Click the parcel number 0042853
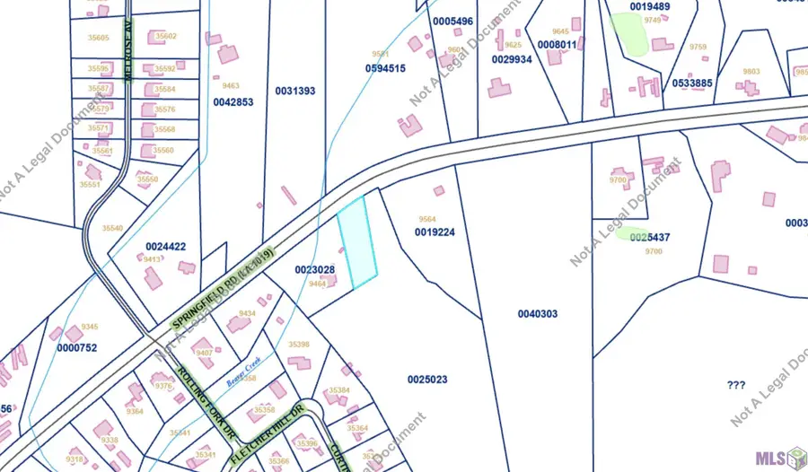click(233, 102)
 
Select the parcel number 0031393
click(294, 91)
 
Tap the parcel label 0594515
click(385, 68)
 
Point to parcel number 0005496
click(452, 21)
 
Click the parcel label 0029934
click(512, 59)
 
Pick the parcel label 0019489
click(650, 6)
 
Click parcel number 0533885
click(692, 83)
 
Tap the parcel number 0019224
click(435, 232)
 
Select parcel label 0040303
click(538, 313)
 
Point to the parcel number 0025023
click(427, 380)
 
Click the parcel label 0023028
click(314, 270)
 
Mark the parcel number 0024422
click(166, 247)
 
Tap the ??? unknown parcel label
click(736, 385)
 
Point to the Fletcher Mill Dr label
click(268, 433)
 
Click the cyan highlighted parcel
click(357, 242)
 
